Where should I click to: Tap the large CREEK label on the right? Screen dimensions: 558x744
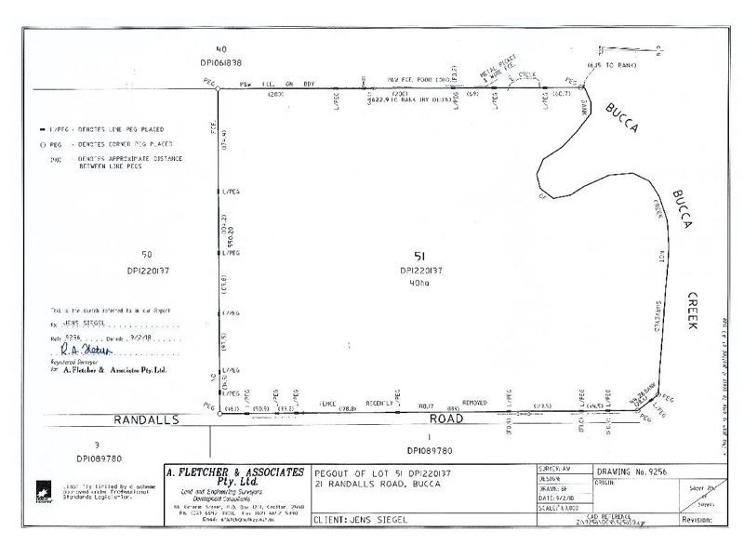coord(692,308)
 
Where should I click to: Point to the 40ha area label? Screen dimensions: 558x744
coord(419,284)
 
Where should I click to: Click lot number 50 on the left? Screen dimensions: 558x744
coord(146,254)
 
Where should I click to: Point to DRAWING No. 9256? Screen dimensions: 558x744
coord(636,472)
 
